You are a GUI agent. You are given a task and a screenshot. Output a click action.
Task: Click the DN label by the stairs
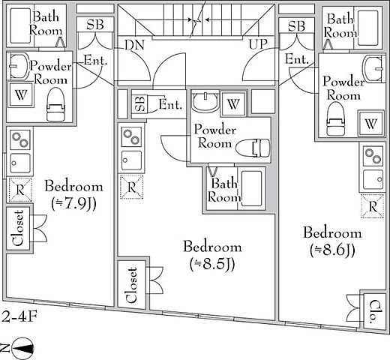pyautogui.click(x=134, y=45)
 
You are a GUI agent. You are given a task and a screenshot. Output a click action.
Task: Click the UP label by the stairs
pyautogui.click(x=258, y=44)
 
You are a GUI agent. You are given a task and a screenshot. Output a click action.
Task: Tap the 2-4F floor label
pyautogui.click(x=19, y=316)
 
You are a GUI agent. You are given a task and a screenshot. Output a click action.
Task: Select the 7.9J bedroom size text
pyautogui.click(x=73, y=204)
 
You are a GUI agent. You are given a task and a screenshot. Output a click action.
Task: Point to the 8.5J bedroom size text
pyautogui.click(x=212, y=265)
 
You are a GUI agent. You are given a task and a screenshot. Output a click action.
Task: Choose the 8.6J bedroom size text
pyautogui.click(x=332, y=250)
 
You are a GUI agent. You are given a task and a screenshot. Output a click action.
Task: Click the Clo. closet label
pyautogui.click(x=373, y=310)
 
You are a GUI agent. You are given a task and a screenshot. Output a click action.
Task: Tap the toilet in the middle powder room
pyautogui.click(x=253, y=148)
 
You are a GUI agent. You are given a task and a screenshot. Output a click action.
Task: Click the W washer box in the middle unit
pyautogui.click(x=233, y=104)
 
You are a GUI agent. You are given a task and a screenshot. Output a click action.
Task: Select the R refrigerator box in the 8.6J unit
pyautogui.click(x=373, y=207)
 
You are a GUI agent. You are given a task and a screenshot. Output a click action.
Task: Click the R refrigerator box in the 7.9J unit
pyautogui.click(x=20, y=190)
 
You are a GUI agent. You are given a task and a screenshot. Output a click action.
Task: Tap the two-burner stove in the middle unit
pyautogui.click(x=131, y=137)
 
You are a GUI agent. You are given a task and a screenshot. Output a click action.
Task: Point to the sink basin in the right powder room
pyautogui.click(x=373, y=68)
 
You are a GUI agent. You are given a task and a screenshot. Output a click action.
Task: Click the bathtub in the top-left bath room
pyautogui.click(x=20, y=25)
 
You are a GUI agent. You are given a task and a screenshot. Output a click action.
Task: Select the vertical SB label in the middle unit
pyautogui.click(x=140, y=103)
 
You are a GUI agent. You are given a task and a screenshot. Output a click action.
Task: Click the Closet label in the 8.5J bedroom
pyautogui.click(x=132, y=285)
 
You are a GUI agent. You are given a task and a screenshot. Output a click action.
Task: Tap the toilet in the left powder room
pyautogui.click(x=55, y=104)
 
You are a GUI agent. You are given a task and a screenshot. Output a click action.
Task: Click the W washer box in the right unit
pyautogui.click(x=370, y=124)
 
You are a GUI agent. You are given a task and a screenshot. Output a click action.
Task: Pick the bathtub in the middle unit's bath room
pyautogui.click(x=251, y=188)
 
